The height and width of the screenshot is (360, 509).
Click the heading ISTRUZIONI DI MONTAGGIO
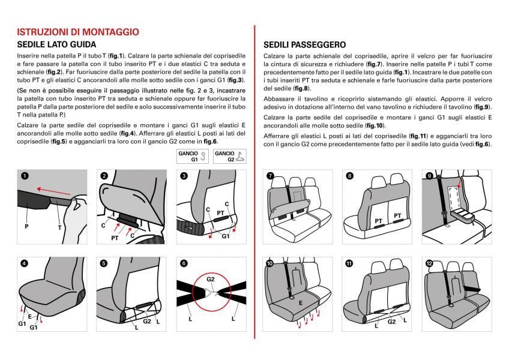pyautogui.click(x=78, y=32)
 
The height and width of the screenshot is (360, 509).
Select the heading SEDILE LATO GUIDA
pyautogui.click(x=56, y=45)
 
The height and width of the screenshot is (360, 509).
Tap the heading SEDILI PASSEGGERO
pyautogui.click(x=304, y=45)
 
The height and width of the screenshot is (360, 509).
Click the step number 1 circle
pyautogui.click(x=25, y=176)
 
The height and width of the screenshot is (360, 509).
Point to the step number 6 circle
pyautogui.click(x=183, y=263)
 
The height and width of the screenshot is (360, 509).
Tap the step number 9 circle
pyautogui.click(x=429, y=176)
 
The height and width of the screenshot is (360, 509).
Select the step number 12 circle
pyautogui.click(x=429, y=263)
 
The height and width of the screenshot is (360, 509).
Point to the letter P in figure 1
pyautogui.click(x=26, y=227)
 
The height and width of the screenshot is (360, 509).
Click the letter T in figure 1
pyautogui.click(x=59, y=227)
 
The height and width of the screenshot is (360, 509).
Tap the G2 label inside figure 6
pyautogui.click(x=211, y=279)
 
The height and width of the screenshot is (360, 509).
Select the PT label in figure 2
pyautogui.click(x=115, y=238)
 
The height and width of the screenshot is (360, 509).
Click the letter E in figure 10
pyautogui.click(x=300, y=304)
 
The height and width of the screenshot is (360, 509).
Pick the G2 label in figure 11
pyautogui.click(x=391, y=322)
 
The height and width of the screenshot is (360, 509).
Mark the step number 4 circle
pyautogui.click(x=25, y=263)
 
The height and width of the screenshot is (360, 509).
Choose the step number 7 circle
pyautogui.click(x=270, y=176)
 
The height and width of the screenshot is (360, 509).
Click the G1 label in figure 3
pyautogui.click(x=226, y=236)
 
